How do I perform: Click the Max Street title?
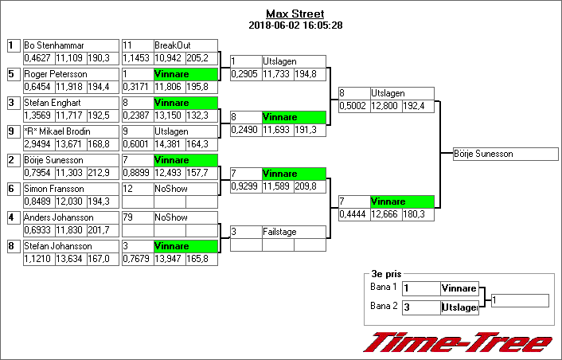tap(295, 14)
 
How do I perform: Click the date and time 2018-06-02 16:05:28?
tap(295, 25)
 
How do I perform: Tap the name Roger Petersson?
tap(56, 74)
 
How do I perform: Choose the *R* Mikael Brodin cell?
tap(57, 131)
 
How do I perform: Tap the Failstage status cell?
tap(293, 232)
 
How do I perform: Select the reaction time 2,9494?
tap(37, 143)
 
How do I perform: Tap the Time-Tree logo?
tap(457, 342)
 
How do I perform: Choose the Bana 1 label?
tap(383, 287)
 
